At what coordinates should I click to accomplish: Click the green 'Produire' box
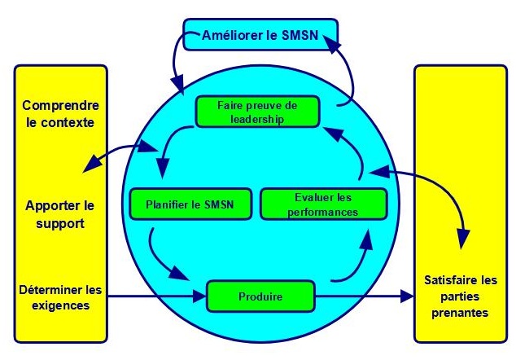point(260,296)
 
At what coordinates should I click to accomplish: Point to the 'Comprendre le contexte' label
point(60,115)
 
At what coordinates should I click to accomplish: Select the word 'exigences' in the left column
point(61,306)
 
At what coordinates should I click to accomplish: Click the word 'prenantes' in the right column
point(461,313)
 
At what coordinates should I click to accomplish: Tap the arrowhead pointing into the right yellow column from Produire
point(407,296)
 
